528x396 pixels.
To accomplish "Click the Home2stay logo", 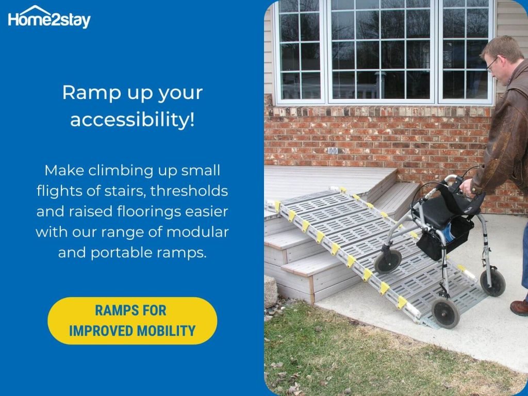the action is pyautogui.click(x=49, y=17).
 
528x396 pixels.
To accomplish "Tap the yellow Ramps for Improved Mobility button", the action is pyautogui.click(x=133, y=321).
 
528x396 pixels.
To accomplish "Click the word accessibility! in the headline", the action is pyautogui.click(x=133, y=120).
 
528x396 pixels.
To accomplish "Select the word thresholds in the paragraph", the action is pyautogui.click(x=189, y=191).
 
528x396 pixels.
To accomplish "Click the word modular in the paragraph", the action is pyautogui.click(x=197, y=232).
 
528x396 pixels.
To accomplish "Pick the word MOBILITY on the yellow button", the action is pyautogui.click(x=166, y=331).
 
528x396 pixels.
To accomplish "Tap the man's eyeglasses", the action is pyautogui.click(x=492, y=63).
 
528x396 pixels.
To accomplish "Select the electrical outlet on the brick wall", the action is pyautogui.click(x=333, y=151).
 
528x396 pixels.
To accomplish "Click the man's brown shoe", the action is pyautogui.click(x=519, y=307).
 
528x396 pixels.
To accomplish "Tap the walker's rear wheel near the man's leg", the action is pyautogui.click(x=492, y=283).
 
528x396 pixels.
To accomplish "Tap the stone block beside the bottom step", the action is pyautogui.click(x=271, y=292).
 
